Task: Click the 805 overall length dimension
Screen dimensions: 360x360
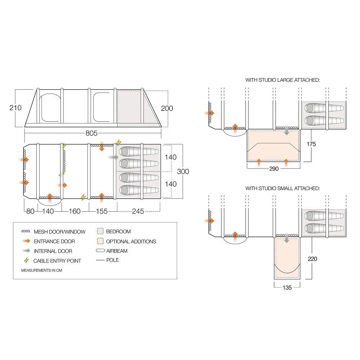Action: [x=92, y=133]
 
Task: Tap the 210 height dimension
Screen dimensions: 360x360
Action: [x=15, y=108]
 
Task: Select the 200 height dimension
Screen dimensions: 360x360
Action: [x=167, y=108]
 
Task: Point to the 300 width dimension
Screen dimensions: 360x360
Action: [x=183, y=171]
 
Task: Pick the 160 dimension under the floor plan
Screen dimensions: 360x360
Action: [x=75, y=211]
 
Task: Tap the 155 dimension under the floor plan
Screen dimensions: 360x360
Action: [x=102, y=211]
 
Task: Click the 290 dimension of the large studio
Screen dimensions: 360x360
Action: [x=274, y=168]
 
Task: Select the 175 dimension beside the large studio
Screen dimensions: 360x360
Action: [x=311, y=144]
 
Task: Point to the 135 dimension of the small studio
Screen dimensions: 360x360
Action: [x=287, y=287]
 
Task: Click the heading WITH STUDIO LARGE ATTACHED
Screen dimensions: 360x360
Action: [x=283, y=80]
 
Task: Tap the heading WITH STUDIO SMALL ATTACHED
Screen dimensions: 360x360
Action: [x=283, y=188]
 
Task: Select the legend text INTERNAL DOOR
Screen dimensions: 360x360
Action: [x=53, y=251]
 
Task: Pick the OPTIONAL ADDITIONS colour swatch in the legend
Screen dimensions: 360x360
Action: [x=100, y=241]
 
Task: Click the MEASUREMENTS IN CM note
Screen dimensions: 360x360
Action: [x=36, y=270]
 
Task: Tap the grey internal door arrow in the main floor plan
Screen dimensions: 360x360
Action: [x=113, y=157]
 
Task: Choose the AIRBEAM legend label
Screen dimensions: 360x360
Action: [x=117, y=251]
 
